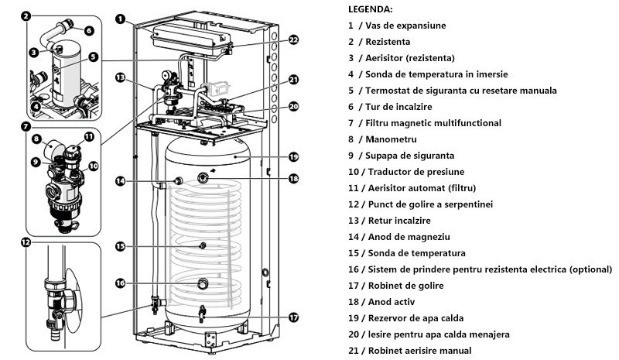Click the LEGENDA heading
(x=371, y=9)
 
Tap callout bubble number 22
(x=294, y=40)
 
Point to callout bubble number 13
(x=120, y=77)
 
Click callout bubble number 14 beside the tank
(x=120, y=181)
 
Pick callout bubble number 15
(x=120, y=246)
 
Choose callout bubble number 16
(x=120, y=283)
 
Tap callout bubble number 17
(x=294, y=317)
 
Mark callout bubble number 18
(x=294, y=179)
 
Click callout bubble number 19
(x=294, y=156)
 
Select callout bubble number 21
(x=294, y=79)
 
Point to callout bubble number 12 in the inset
(x=27, y=242)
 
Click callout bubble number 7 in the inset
(x=27, y=125)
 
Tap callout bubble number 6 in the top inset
(x=89, y=31)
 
